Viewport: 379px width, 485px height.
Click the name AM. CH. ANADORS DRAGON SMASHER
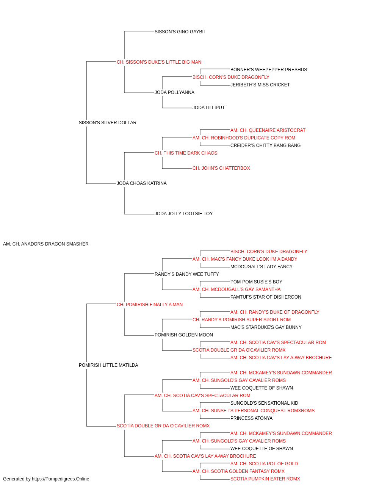point(46,244)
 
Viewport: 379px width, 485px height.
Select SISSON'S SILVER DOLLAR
point(108,123)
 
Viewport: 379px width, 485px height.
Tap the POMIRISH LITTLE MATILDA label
point(108,365)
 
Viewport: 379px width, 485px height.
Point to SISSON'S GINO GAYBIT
point(180,32)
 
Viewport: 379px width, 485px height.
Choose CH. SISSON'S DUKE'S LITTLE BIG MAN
point(159,62)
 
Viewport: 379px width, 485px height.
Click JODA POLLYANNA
point(175,92)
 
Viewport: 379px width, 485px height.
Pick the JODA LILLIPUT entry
point(209,108)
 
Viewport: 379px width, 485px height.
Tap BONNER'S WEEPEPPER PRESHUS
point(269,70)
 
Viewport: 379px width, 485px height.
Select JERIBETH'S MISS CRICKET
point(260,85)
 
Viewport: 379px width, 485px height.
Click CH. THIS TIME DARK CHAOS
point(186,153)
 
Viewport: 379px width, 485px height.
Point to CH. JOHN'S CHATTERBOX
point(221,168)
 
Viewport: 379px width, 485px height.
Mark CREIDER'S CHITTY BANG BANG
point(265,145)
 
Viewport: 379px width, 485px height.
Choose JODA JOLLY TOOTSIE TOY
point(184,214)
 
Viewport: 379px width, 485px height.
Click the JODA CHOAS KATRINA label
point(142,183)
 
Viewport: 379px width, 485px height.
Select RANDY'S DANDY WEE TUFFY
point(187,274)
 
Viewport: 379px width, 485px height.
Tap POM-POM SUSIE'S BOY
point(256,282)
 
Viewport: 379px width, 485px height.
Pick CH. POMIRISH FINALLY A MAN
point(150,305)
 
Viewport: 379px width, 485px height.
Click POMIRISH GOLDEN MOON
point(184,335)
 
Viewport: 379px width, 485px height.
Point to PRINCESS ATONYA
point(251,418)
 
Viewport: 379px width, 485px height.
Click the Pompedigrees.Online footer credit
point(46,479)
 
